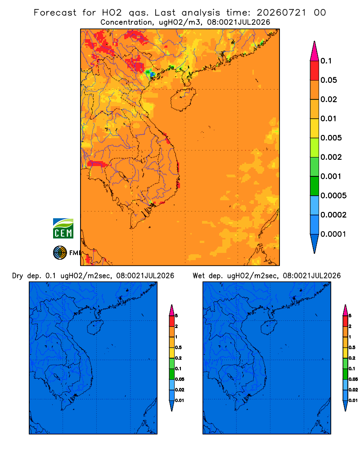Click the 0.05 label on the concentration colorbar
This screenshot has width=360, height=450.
(328, 80)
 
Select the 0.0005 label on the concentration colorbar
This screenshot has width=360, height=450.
(333, 195)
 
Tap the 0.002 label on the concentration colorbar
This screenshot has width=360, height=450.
(331, 157)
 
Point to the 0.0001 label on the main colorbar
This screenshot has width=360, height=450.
(333, 234)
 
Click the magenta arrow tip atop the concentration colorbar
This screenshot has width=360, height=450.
(315, 51)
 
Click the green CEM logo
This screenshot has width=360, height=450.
(63, 229)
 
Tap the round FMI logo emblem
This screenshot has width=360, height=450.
(60, 253)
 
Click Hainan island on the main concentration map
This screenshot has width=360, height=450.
(183, 99)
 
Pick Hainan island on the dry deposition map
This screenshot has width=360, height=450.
(95, 327)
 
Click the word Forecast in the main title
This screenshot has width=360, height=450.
(55, 13)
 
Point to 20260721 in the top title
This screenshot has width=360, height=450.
(281, 13)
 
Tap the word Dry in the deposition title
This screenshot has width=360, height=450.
(18, 276)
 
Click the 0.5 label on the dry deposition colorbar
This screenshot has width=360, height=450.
(178, 347)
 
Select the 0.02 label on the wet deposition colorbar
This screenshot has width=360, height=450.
(353, 390)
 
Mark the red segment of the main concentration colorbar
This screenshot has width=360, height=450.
(315, 71)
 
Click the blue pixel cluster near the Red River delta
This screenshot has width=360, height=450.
(152, 74)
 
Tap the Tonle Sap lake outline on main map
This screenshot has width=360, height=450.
(122, 176)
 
